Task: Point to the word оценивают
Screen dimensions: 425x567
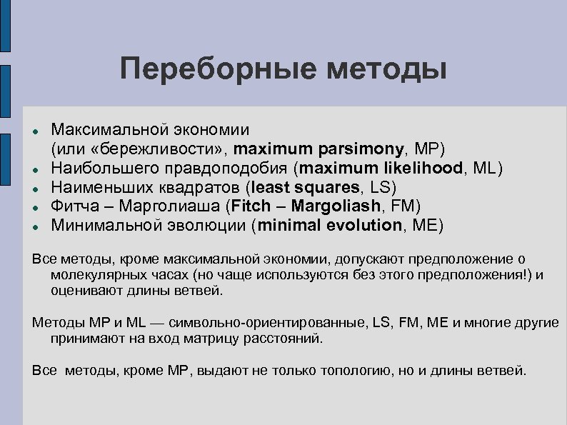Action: pos(79,291)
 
